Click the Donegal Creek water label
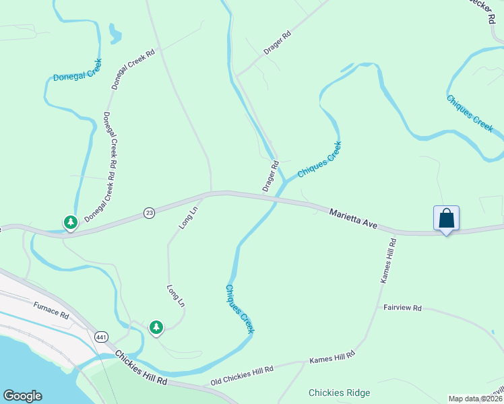click(x=77, y=71)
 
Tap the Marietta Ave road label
click(x=354, y=218)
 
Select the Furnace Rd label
click(x=51, y=310)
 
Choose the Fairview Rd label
click(x=402, y=308)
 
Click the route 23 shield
click(x=150, y=213)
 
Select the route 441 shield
click(x=102, y=336)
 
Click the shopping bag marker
click(x=446, y=219)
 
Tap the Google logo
click(x=22, y=396)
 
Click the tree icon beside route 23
click(x=70, y=222)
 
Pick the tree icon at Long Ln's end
click(x=156, y=327)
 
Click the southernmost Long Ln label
click(x=175, y=296)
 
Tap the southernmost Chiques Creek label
click(x=239, y=308)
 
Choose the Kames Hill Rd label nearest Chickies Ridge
click(x=332, y=357)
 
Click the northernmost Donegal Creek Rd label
click(x=133, y=69)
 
